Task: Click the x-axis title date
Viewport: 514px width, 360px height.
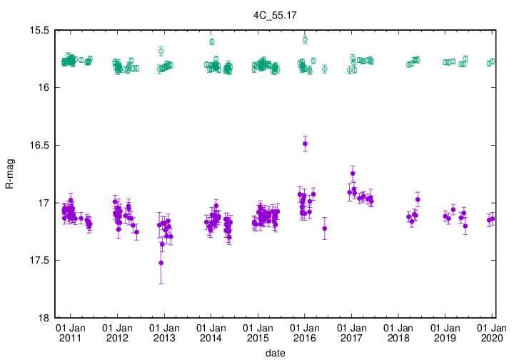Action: [276, 353]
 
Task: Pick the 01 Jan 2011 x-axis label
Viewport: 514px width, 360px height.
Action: [71, 333]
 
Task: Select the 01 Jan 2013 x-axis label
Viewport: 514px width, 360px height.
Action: [164, 333]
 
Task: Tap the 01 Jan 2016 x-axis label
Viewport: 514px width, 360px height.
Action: [305, 333]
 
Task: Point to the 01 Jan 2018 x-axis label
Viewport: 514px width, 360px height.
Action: [398, 333]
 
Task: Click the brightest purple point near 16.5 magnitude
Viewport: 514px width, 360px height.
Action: [305, 144]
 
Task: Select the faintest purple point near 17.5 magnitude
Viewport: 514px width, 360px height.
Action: [161, 263]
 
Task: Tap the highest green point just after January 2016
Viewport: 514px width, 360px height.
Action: [305, 39]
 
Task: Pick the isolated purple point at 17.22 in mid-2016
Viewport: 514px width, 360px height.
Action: [325, 229]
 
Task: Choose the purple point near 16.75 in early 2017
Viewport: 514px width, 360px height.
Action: [353, 174]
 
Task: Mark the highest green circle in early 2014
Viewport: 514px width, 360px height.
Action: [212, 42]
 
